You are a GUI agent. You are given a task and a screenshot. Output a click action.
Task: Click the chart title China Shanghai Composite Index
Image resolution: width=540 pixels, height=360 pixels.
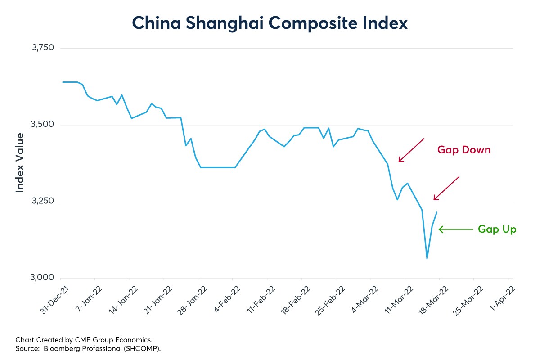(270, 23)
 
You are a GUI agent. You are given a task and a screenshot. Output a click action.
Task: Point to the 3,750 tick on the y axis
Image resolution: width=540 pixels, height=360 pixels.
(42, 48)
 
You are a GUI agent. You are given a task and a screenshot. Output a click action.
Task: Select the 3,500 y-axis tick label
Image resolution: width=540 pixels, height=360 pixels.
(42, 125)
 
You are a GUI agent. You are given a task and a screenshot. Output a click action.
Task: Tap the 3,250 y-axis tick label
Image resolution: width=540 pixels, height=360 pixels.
(42, 201)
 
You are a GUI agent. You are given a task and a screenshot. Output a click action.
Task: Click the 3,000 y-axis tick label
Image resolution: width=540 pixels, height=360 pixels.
(42, 278)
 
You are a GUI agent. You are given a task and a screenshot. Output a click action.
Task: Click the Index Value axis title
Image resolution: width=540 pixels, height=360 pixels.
(20, 163)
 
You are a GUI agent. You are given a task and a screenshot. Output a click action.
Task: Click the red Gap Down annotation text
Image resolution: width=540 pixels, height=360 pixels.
(463, 150)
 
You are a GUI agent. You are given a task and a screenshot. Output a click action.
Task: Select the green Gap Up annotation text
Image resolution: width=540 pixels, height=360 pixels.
(497, 229)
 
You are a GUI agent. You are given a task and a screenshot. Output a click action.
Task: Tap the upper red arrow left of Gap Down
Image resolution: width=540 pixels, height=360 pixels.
(411, 150)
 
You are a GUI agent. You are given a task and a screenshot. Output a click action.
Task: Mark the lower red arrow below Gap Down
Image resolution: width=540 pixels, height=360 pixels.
(446, 189)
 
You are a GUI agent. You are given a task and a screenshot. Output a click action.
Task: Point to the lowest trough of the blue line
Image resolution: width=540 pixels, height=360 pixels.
(427, 258)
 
